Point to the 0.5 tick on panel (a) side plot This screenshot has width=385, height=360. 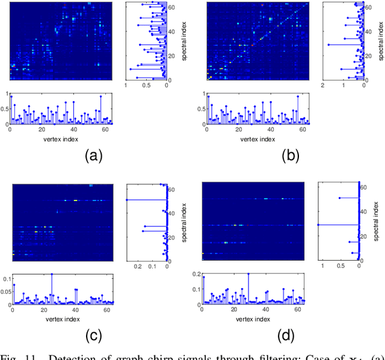pyautogui.click(x=146, y=87)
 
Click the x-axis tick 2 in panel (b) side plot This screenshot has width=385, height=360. pyautogui.click(x=324, y=87)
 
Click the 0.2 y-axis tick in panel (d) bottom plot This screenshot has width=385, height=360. pyautogui.click(x=196, y=273)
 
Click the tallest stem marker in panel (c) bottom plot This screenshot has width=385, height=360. pyautogui.click(x=52, y=275)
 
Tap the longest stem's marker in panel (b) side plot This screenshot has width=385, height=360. pyautogui.click(x=328, y=45)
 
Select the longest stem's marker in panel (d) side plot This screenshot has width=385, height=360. pyautogui.click(x=319, y=225)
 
